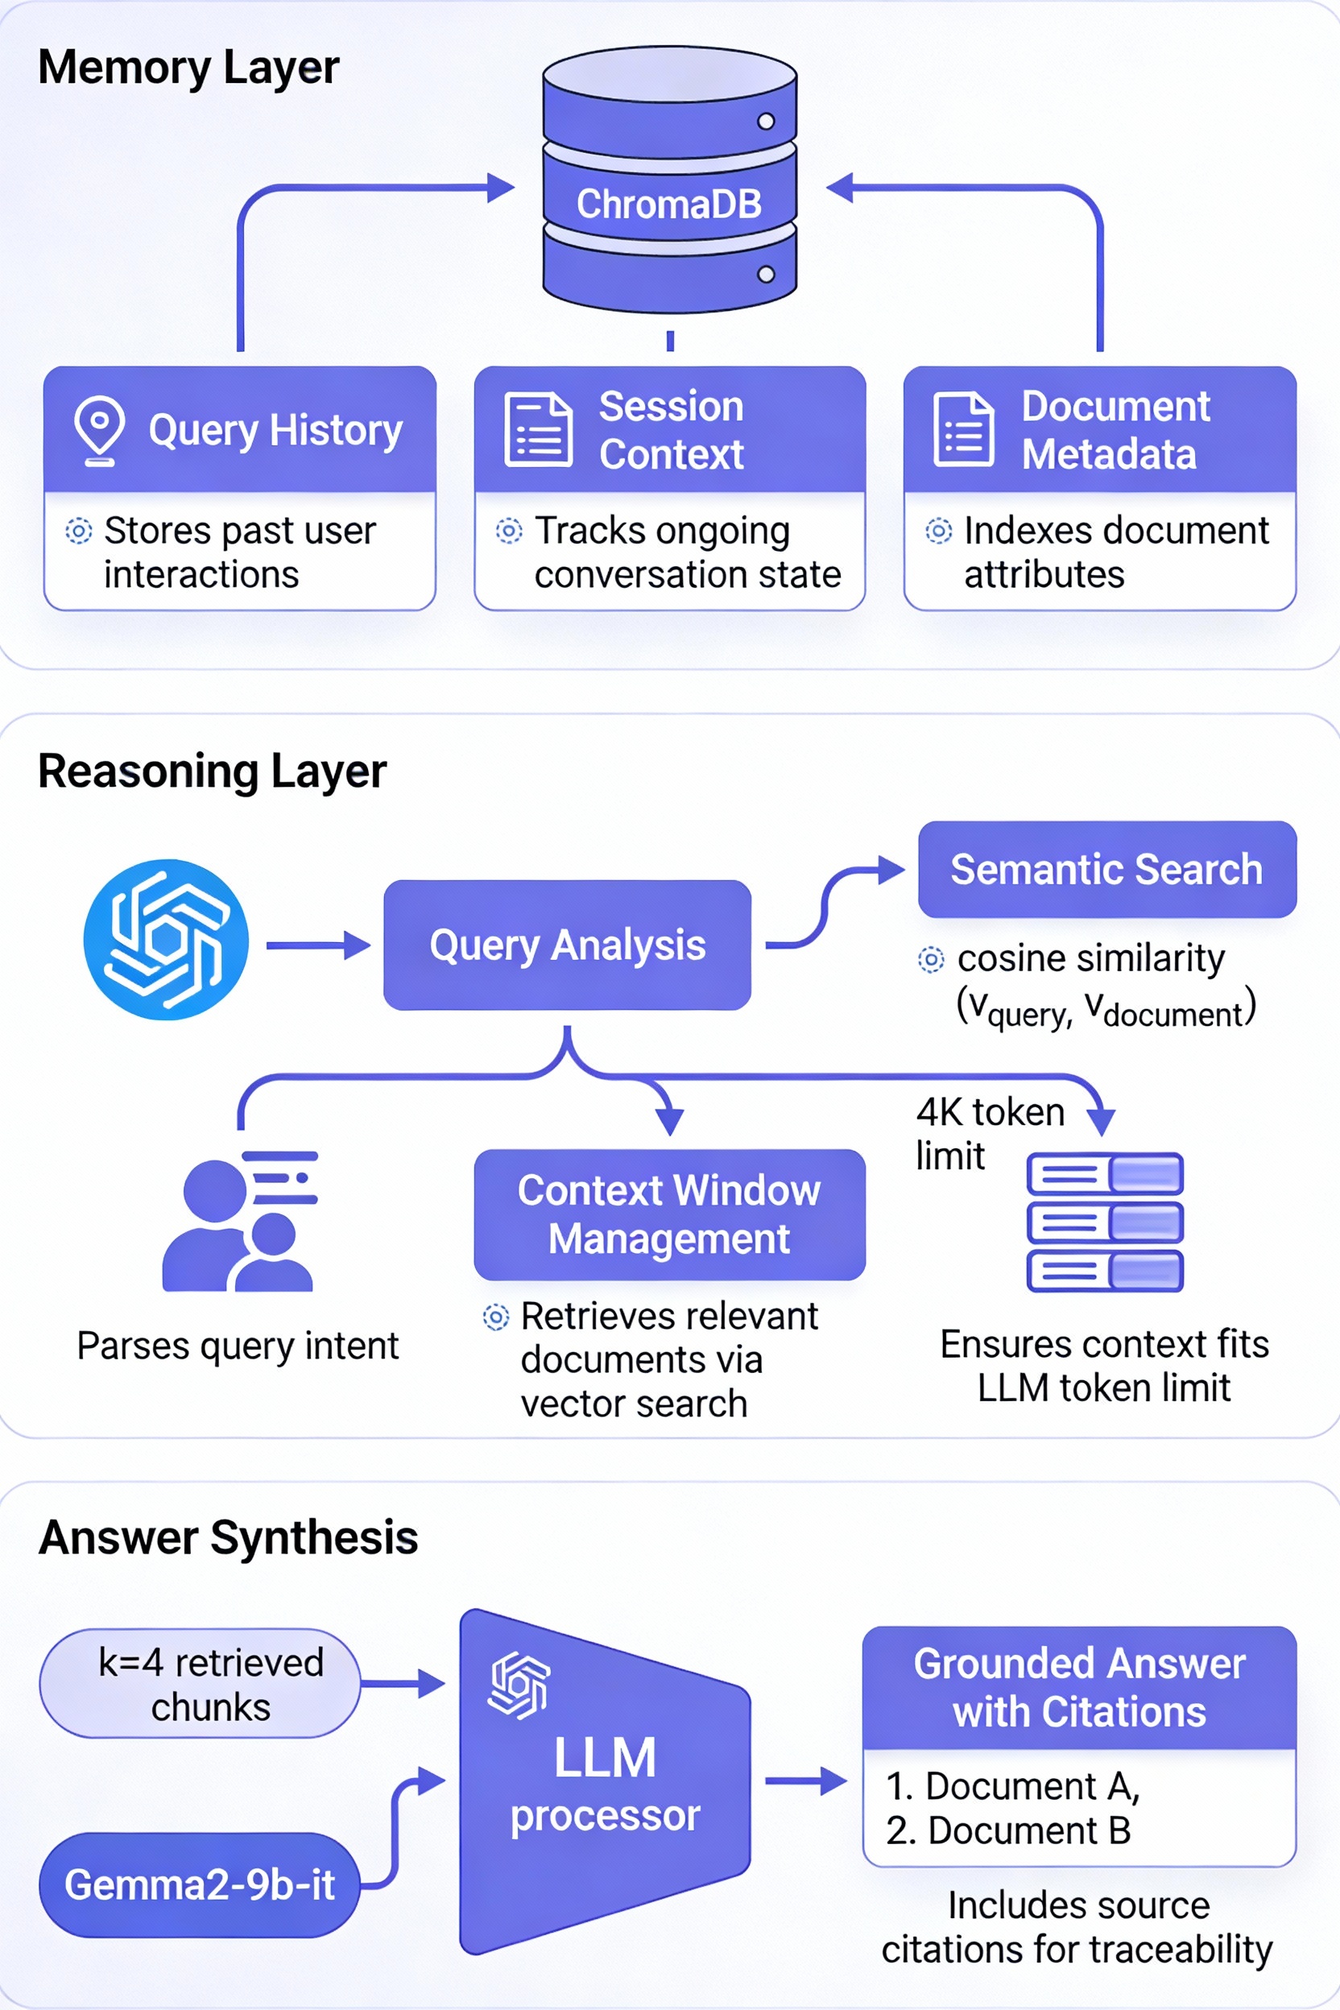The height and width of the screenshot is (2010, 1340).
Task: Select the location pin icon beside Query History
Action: coord(99,429)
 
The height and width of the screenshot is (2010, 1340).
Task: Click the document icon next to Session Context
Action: coord(538,429)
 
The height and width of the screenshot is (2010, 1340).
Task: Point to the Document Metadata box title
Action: coord(1115,430)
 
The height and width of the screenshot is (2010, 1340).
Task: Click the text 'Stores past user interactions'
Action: coord(239,552)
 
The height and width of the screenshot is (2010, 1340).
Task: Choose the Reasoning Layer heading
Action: coord(212,771)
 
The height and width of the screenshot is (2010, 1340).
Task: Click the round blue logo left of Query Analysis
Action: coord(166,939)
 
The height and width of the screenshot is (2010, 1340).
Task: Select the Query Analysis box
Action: coord(567,945)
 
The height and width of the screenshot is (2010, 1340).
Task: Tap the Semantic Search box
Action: coord(1106,869)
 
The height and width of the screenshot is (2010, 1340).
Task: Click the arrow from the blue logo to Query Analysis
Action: coord(318,945)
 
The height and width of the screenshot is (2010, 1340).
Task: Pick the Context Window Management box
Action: coord(669,1214)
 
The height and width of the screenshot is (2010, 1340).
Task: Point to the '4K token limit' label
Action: coord(989,1133)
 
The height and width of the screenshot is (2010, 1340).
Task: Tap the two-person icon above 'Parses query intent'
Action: coord(239,1222)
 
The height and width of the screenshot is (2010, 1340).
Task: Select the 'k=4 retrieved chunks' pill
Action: coord(200,1684)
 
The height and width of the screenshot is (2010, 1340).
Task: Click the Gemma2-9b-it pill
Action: coord(200,1884)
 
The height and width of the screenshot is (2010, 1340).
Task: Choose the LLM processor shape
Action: coord(604,1782)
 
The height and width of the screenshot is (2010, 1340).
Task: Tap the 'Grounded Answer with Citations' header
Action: coord(1079,1687)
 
